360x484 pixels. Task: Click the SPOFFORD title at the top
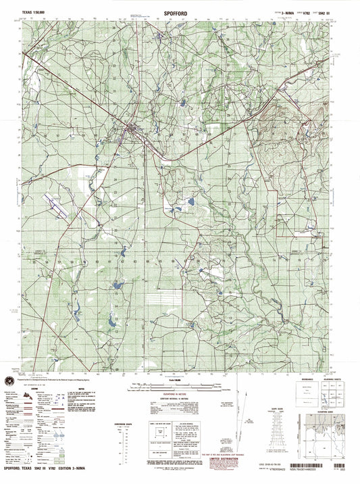[180, 13]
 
